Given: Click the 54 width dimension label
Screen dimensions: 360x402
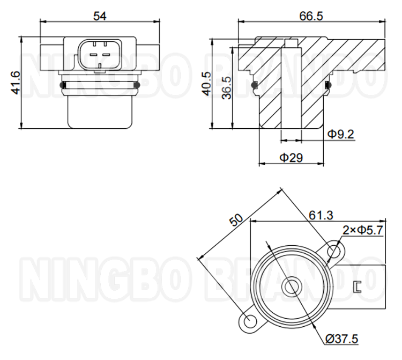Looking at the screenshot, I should pyautogui.click(x=100, y=16).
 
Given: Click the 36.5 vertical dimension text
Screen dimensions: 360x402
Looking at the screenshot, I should pyautogui.click(x=227, y=87).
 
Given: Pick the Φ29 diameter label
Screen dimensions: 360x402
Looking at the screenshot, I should pyautogui.click(x=291, y=157).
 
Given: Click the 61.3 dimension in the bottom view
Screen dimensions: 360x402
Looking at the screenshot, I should pyautogui.click(x=321, y=215).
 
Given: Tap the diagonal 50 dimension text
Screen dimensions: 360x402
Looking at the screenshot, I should pyautogui.click(x=236, y=221).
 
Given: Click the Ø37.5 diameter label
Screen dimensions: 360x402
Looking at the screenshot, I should pyautogui.click(x=341, y=338).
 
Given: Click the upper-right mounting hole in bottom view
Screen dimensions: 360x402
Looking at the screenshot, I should pyautogui.click(x=335, y=251).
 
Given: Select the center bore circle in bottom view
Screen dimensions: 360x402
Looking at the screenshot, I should pyautogui.click(x=292, y=286).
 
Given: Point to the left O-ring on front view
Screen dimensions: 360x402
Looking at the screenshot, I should pyautogui.click(x=63, y=85).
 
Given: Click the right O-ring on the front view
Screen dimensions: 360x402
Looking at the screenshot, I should pyautogui.click(x=137, y=85).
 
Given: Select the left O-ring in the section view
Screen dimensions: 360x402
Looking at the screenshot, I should pyautogui.click(x=255, y=84).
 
